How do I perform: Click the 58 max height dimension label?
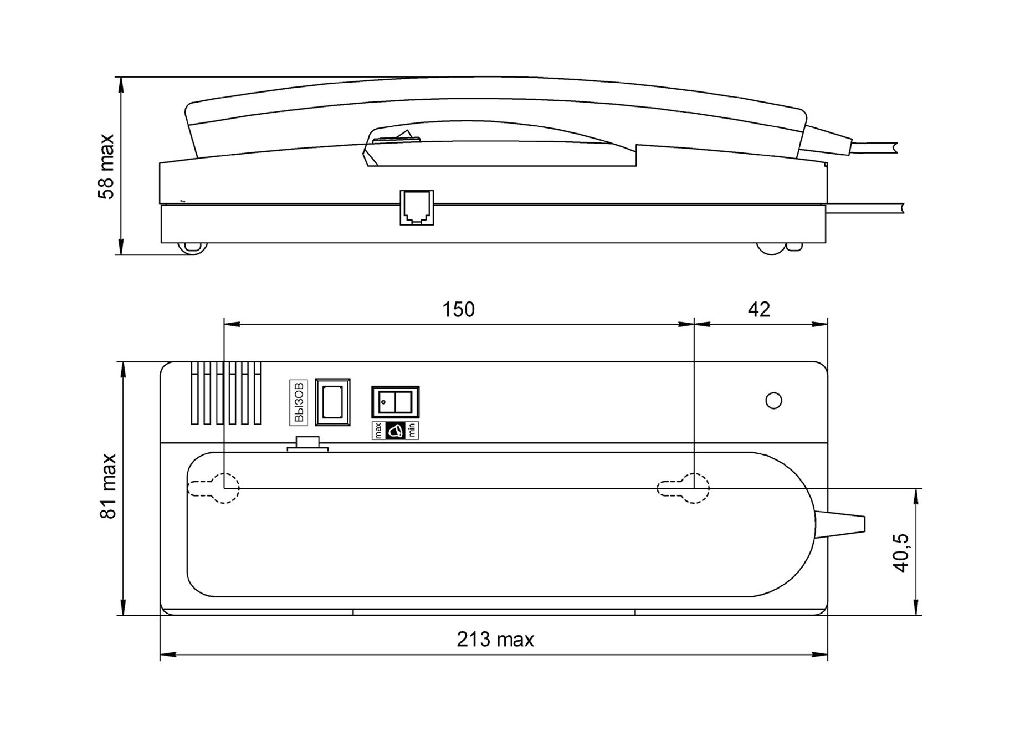(x=106, y=166)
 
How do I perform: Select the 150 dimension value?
(x=458, y=310)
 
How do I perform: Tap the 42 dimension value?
(x=758, y=310)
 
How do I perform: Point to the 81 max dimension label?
(x=108, y=486)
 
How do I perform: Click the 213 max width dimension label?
(x=495, y=640)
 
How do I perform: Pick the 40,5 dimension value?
(x=900, y=553)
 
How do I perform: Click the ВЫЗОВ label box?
(x=299, y=402)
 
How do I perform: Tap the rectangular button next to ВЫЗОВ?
(x=332, y=402)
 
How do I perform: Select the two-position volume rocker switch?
(x=395, y=402)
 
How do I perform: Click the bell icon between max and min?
(x=395, y=431)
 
